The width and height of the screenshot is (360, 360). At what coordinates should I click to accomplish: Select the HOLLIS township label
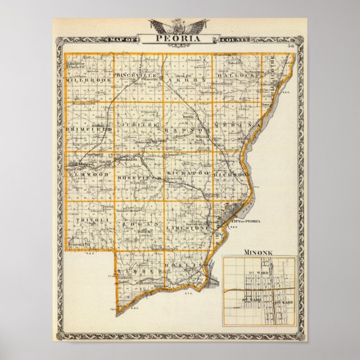[x=185, y=264]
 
